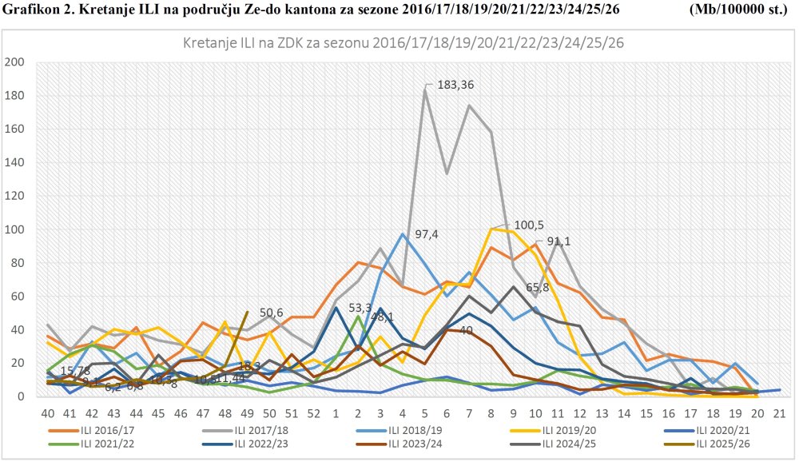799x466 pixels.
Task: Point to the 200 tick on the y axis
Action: coord(15,62)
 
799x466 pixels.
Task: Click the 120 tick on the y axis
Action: coord(15,196)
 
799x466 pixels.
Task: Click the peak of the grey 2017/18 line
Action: coord(425,89)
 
